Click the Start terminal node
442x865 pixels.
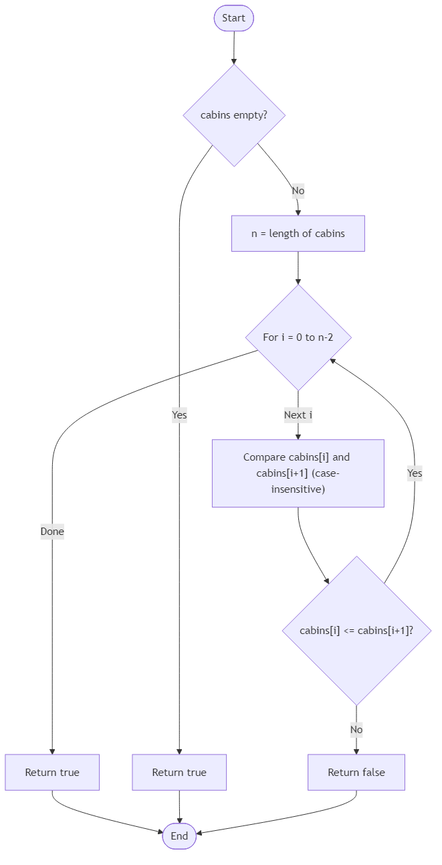coord(233,18)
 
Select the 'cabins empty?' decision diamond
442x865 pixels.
coord(234,115)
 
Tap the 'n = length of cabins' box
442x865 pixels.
coord(298,234)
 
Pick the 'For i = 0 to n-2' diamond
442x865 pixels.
coord(298,337)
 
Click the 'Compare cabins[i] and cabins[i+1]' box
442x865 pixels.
coord(298,473)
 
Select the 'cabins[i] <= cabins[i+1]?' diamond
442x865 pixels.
coord(356,631)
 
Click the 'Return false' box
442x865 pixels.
coord(356,772)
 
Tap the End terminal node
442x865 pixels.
coord(179,836)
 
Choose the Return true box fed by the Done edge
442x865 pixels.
coord(52,772)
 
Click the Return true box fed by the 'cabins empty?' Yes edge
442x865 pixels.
coord(179,772)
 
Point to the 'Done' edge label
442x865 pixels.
coord(52,532)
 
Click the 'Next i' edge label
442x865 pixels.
coord(298,414)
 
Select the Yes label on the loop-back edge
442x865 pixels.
coord(415,473)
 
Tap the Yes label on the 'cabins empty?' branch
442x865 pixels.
coord(179,414)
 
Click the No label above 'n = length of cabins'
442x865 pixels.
coord(298,191)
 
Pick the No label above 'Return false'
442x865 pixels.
coord(356,729)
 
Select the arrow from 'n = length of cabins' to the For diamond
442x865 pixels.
coord(298,268)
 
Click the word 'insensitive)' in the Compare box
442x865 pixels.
coord(298,489)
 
